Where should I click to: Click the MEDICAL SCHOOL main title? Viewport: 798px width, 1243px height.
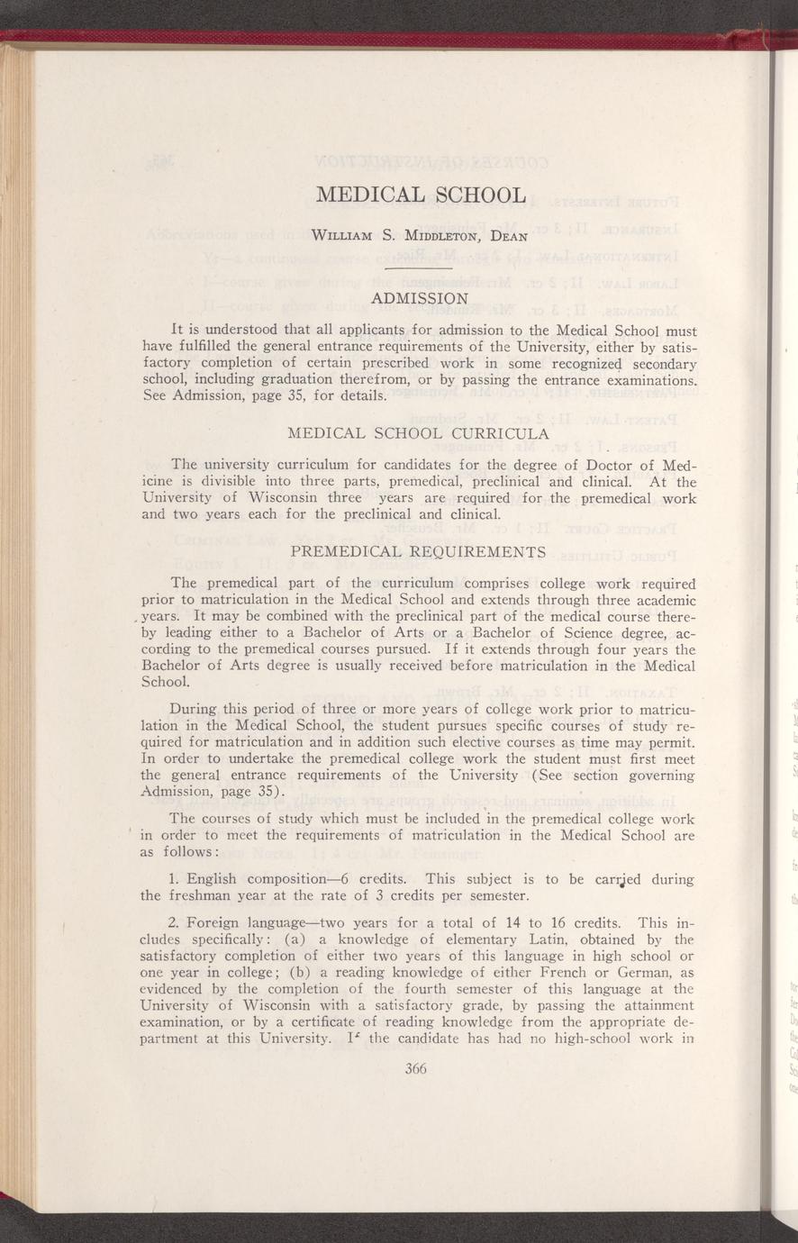(x=421, y=195)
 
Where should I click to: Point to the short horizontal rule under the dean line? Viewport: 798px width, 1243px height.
(x=417, y=268)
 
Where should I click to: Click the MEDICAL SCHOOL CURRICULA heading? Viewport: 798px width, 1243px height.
(x=417, y=434)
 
